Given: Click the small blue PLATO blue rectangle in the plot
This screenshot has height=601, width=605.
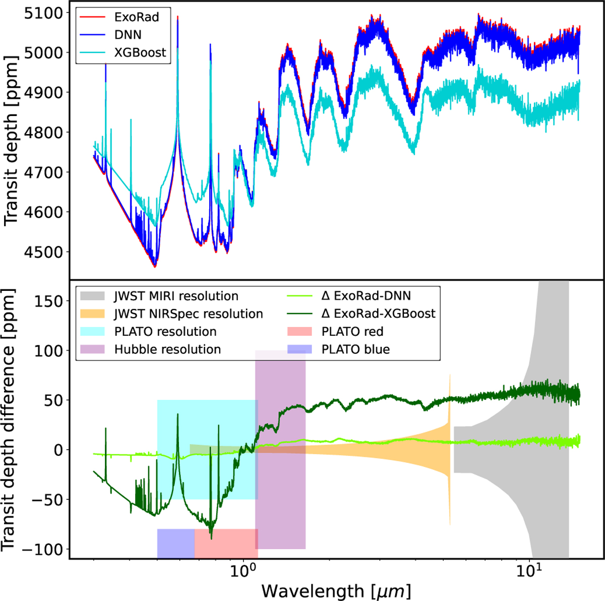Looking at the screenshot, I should pyautogui.click(x=176, y=544).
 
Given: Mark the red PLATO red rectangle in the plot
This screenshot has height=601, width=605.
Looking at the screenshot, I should pyautogui.click(x=226, y=544).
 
